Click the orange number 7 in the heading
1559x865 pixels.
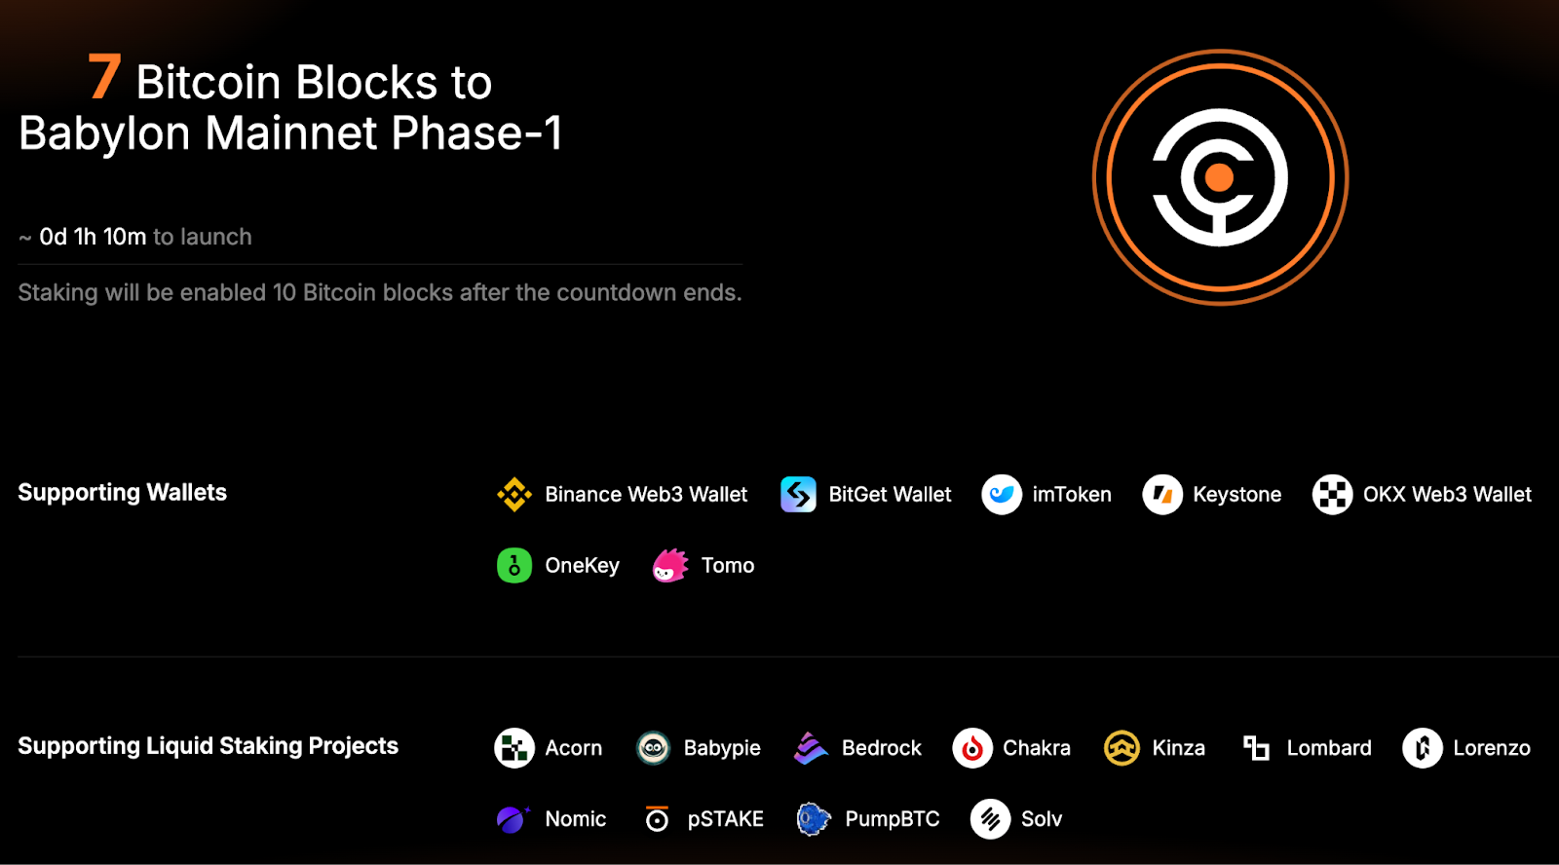(x=104, y=77)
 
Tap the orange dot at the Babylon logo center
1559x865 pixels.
(x=1219, y=177)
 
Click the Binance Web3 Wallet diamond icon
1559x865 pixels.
(x=514, y=494)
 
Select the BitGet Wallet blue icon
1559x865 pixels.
(x=798, y=494)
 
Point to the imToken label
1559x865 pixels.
(x=1072, y=494)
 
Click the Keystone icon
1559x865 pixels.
(x=1162, y=494)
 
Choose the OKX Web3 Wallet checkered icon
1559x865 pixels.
(x=1332, y=494)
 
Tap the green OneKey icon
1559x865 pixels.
(x=514, y=565)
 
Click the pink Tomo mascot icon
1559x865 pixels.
(x=670, y=565)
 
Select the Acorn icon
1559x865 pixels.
(x=514, y=748)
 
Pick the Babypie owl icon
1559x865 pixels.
(x=653, y=748)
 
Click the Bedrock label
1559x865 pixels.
(x=881, y=748)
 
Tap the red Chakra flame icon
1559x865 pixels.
(x=972, y=748)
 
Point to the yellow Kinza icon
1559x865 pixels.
(x=1122, y=748)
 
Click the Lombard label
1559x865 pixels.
(x=1329, y=748)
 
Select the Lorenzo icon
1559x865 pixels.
(x=1423, y=748)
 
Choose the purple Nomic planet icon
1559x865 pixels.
(x=513, y=819)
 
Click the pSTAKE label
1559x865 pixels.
(x=725, y=819)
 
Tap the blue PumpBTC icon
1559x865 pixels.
(x=814, y=819)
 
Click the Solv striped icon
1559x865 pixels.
(x=990, y=819)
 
